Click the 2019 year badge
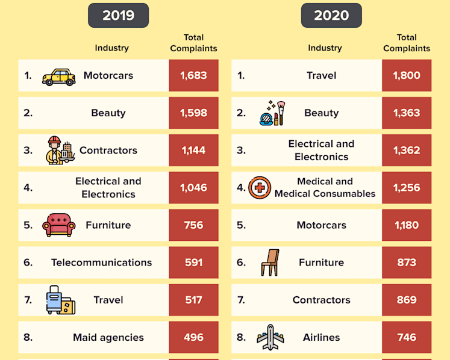(x=118, y=16)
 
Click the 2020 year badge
(x=331, y=16)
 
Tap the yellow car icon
(x=59, y=77)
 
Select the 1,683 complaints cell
(x=194, y=75)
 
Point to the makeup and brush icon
(x=272, y=113)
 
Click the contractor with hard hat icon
(x=60, y=150)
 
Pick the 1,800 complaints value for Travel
(x=407, y=75)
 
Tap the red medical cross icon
(x=260, y=188)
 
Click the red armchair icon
(x=59, y=225)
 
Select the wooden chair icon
(x=270, y=262)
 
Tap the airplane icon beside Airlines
(x=270, y=337)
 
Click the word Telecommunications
(x=102, y=262)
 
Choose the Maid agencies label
(x=108, y=337)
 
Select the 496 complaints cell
(x=194, y=337)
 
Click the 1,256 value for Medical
(x=407, y=188)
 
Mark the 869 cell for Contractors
(x=407, y=300)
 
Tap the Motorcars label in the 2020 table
(x=322, y=225)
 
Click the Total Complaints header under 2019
(x=194, y=43)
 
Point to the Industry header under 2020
(x=325, y=48)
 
